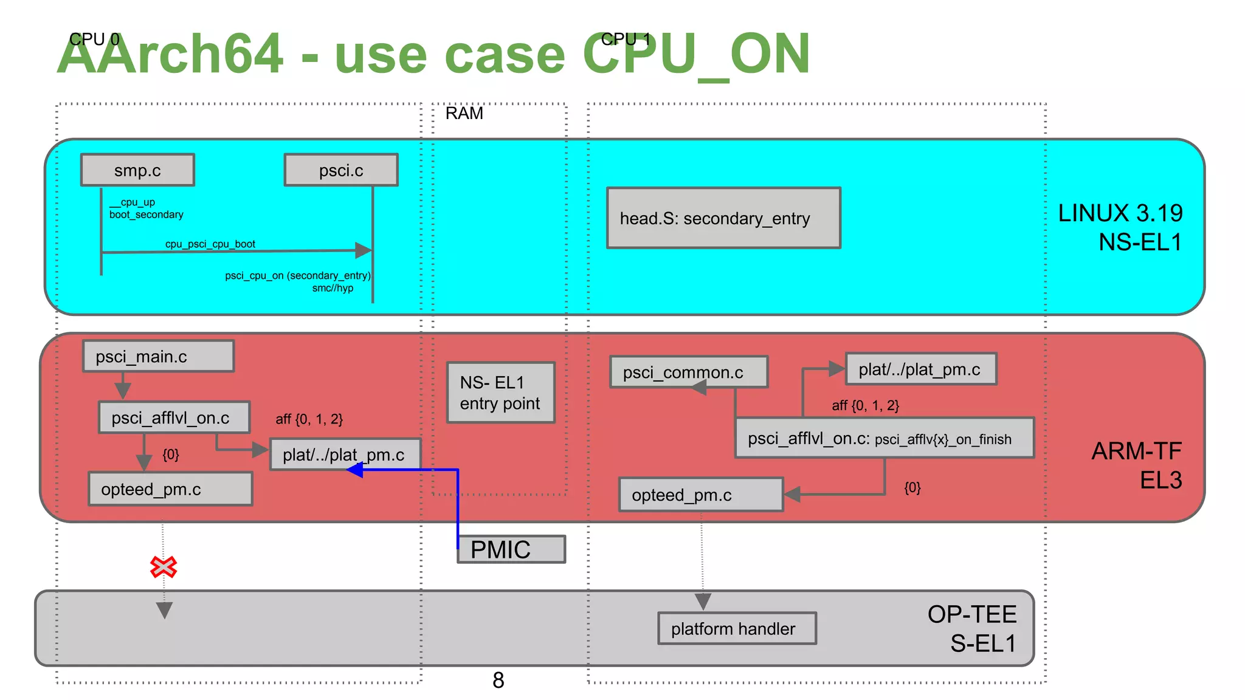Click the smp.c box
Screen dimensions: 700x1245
point(137,170)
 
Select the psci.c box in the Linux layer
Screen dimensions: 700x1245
point(341,170)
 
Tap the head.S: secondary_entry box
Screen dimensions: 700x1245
point(723,218)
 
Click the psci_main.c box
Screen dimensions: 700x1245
point(158,356)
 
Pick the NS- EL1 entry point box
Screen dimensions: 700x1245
point(500,393)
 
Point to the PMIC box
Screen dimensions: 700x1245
point(511,549)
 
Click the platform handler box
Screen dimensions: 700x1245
point(737,628)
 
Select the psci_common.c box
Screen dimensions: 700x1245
point(688,372)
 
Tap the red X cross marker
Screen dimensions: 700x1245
point(164,567)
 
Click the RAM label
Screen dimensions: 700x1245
point(464,114)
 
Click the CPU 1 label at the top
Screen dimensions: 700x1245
point(626,39)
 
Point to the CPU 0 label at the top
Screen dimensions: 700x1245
point(94,39)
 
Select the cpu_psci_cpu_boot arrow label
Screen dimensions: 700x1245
point(210,244)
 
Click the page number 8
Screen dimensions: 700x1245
point(498,680)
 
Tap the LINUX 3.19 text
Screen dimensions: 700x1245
point(1120,213)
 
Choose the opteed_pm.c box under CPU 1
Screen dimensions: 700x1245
point(701,495)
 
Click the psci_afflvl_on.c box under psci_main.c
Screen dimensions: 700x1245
point(174,417)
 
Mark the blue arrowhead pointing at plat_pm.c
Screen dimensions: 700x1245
point(354,470)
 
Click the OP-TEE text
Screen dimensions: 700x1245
point(971,614)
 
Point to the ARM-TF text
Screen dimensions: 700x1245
point(1136,451)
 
